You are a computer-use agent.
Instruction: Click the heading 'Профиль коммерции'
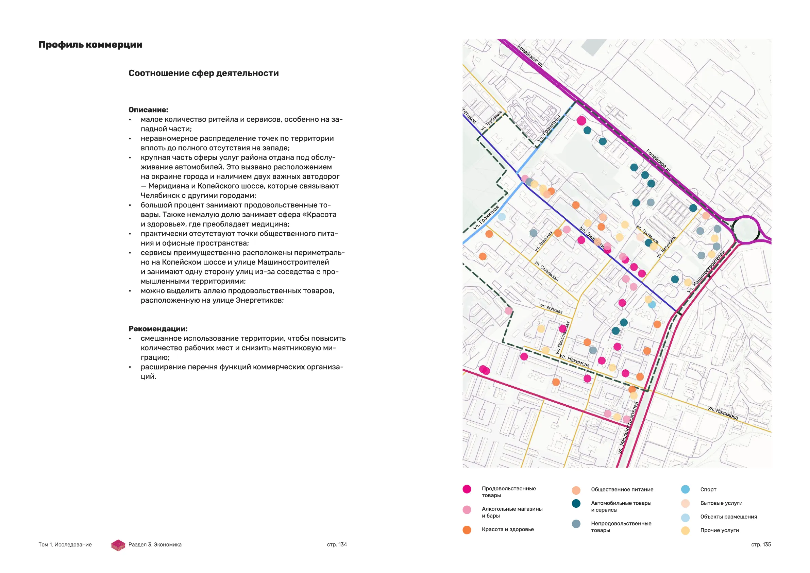pyautogui.click(x=90, y=45)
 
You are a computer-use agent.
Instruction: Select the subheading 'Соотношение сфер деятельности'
pyautogui.click(x=204, y=73)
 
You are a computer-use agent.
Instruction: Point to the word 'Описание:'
pyautogui.click(x=148, y=110)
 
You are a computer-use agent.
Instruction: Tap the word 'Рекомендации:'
pyautogui.click(x=158, y=329)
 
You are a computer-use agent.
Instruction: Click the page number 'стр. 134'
pyautogui.click(x=337, y=544)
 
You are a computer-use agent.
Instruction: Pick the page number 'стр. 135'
pyautogui.click(x=761, y=544)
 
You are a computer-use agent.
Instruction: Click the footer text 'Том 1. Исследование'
pyautogui.click(x=65, y=544)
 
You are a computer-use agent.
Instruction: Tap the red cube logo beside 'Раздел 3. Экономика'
pyautogui.click(x=118, y=545)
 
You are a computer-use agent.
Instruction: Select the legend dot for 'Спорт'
pyautogui.click(x=685, y=489)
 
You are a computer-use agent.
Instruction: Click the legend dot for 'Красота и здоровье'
pyautogui.click(x=467, y=530)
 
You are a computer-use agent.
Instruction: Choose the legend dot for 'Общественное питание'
pyautogui.click(x=576, y=490)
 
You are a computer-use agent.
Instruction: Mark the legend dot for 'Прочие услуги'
pyautogui.click(x=685, y=530)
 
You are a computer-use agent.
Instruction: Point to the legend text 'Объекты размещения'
pyautogui.click(x=728, y=517)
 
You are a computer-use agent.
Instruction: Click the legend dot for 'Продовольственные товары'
pyautogui.click(x=467, y=489)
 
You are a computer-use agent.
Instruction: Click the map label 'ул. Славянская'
pyautogui.click(x=546, y=271)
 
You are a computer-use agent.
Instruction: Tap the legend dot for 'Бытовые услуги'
pyautogui.click(x=685, y=504)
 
